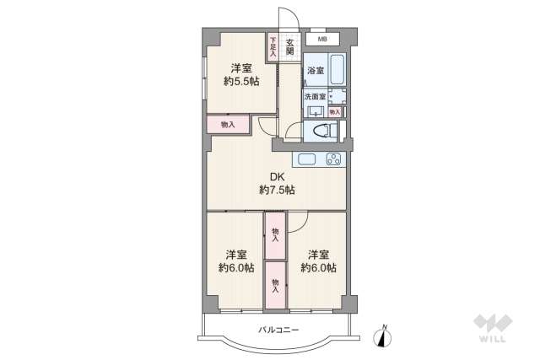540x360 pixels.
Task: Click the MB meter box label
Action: click(322, 40)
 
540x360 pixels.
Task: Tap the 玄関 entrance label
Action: click(290, 47)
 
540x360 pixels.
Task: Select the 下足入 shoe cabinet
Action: click(273, 47)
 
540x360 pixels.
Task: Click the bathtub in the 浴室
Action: click(337, 69)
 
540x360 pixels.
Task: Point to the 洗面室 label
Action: click(315, 97)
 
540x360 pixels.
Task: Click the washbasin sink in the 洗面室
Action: click(316, 111)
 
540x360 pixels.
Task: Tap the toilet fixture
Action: click(325, 132)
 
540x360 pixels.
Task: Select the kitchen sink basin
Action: click(306, 159)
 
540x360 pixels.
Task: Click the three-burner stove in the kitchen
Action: click(334, 159)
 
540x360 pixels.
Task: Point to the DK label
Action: click(277, 177)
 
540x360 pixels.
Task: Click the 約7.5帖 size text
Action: click(278, 190)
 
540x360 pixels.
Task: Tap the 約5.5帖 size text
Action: click(241, 82)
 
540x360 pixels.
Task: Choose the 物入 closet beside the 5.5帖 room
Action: click(228, 124)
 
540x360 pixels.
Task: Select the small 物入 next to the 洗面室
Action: click(335, 112)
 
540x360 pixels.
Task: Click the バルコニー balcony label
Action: click(278, 330)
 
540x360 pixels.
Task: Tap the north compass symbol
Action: click(382, 336)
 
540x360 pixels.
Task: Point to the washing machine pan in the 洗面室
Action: click(337, 97)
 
